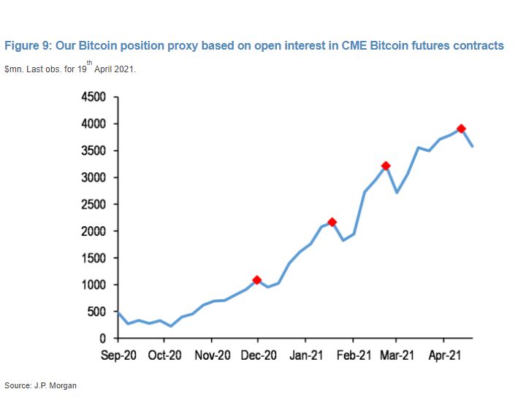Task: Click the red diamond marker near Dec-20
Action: tap(257, 280)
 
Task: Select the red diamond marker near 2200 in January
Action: tap(332, 222)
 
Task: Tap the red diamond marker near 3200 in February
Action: tap(386, 166)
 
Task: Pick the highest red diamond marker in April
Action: tap(461, 128)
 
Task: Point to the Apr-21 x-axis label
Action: tap(443, 357)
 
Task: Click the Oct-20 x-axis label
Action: tap(164, 357)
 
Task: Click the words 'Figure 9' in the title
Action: tap(27, 46)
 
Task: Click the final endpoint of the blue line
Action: tap(473, 147)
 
